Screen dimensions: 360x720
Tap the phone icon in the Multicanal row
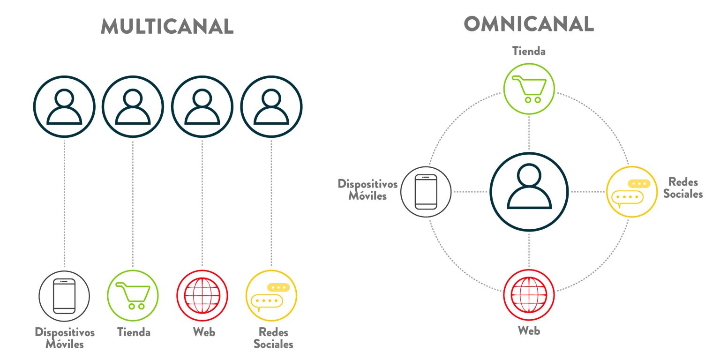point(64,296)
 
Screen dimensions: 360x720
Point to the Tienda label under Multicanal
point(134,332)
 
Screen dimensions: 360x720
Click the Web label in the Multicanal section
point(204,332)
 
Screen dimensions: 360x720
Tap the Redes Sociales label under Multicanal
point(273,338)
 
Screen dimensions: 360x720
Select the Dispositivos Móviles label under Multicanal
point(65,338)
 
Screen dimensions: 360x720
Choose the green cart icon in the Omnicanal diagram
point(529,89)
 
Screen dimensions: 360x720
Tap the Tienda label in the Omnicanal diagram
point(529,51)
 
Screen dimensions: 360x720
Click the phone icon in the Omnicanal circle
point(426,192)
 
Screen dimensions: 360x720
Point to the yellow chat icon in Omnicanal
point(632,192)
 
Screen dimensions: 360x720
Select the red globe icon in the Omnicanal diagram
point(529,294)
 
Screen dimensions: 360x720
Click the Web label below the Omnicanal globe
point(529,331)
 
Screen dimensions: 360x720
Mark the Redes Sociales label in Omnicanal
point(683,187)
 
